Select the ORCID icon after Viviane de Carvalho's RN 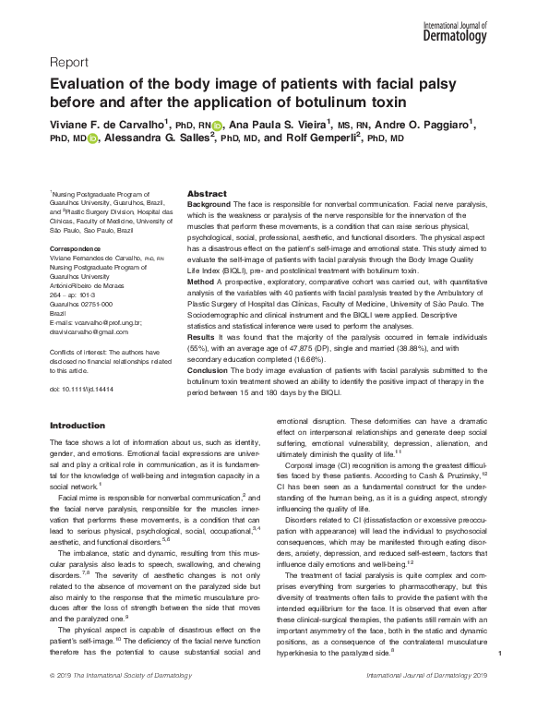[217, 126]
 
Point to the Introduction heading [78, 425]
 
